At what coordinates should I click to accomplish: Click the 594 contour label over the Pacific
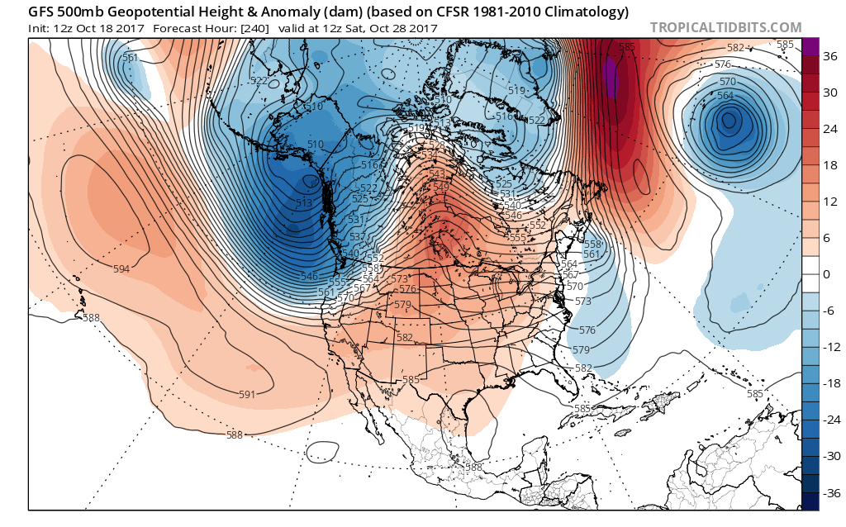click(121, 269)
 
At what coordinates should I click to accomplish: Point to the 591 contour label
click(246, 394)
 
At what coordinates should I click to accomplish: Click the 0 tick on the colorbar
click(825, 274)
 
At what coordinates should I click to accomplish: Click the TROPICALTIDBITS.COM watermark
click(725, 27)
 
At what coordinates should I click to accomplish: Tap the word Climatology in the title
click(578, 12)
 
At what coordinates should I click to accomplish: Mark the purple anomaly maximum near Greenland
click(610, 77)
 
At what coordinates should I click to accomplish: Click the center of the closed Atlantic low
click(728, 121)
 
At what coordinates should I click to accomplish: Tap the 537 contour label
click(357, 237)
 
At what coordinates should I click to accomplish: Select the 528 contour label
click(436, 145)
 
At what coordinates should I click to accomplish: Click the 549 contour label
click(443, 187)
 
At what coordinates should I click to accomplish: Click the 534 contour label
click(429, 154)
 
